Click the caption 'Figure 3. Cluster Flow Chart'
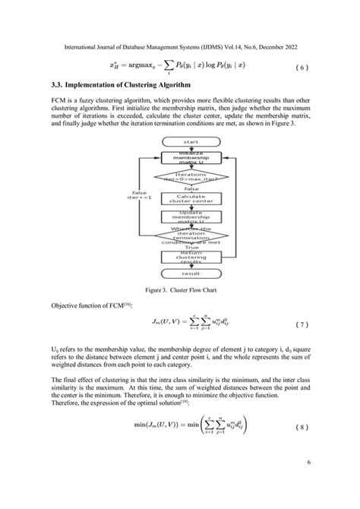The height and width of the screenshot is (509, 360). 179,289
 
